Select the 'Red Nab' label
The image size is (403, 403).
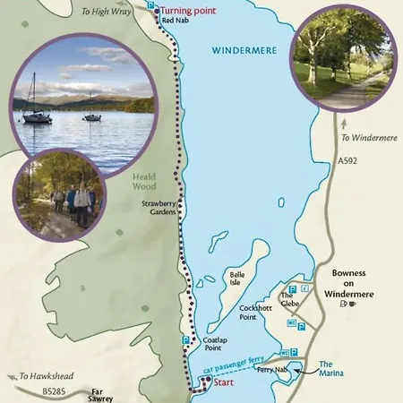(x=174, y=21)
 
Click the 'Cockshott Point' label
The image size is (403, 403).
(x=256, y=312)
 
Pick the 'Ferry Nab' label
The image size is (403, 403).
(x=270, y=370)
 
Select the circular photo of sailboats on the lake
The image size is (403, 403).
(x=85, y=93)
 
